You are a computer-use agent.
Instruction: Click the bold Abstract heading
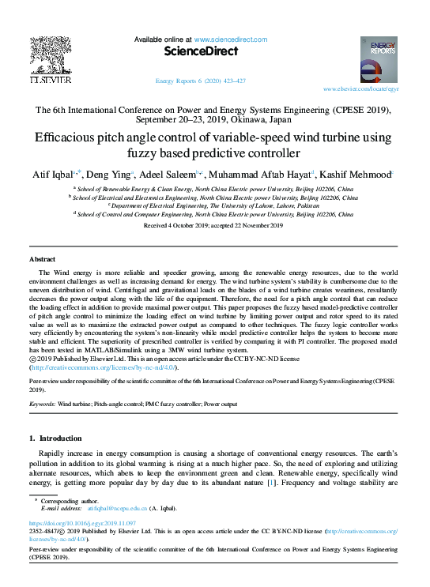tap(42, 259)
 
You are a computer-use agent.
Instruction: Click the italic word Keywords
tap(41, 403)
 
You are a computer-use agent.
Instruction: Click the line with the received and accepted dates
tap(213, 225)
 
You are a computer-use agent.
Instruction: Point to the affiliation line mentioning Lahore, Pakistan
tap(213, 205)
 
